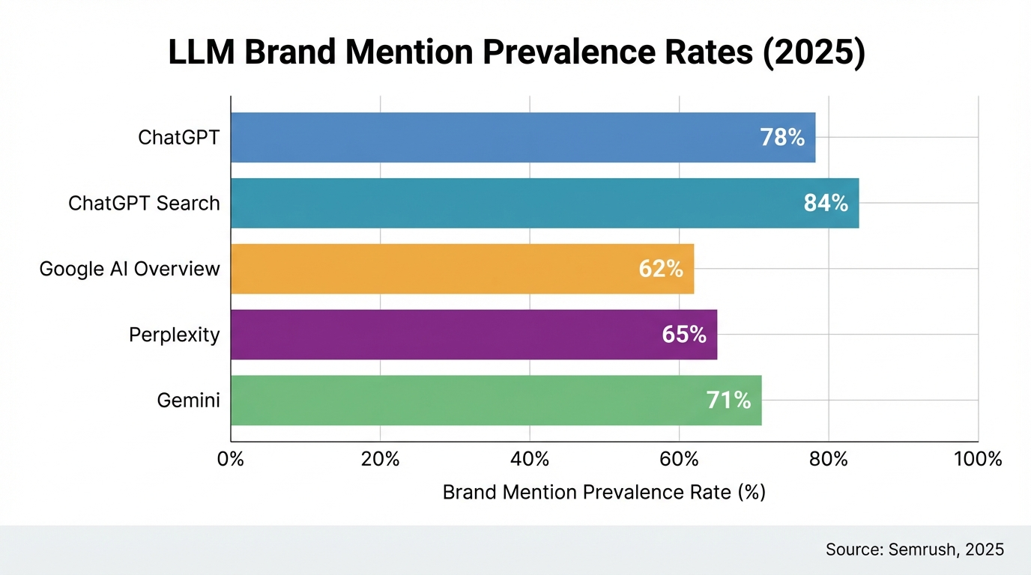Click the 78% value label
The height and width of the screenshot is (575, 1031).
[x=781, y=138]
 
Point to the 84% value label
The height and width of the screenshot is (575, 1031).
[x=826, y=203]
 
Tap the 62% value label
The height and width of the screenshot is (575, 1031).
[x=661, y=269]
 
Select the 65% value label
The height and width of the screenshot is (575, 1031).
[x=684, y=334]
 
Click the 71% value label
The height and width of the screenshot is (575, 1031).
[x=728, y=400]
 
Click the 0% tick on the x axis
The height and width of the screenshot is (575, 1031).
[x=231, y=459]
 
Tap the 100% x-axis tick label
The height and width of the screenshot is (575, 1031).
[x=978, y=459]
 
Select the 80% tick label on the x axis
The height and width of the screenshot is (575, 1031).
[x=828, y=459]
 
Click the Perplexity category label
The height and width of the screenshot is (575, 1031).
[x=175, y=335]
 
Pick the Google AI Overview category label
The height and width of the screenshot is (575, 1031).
[x=130, y=269]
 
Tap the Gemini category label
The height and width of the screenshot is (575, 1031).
[x=189, y=401]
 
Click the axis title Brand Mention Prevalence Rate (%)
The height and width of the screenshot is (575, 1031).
[x=604, y=492]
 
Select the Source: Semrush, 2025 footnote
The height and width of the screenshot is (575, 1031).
[x=914, y=550]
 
